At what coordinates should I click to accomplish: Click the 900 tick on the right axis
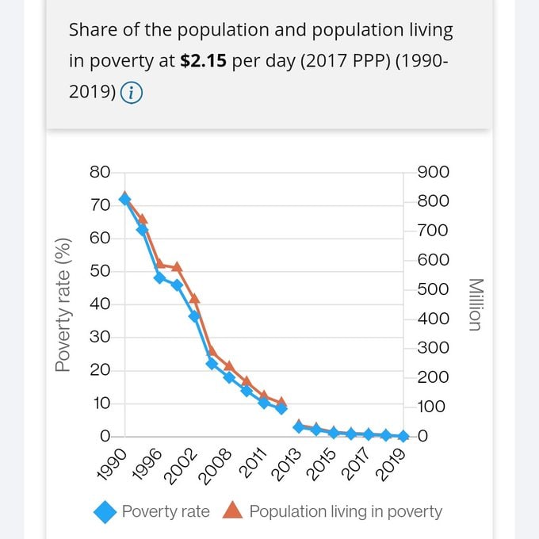click(434, 172)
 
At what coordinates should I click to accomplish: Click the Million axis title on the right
click(474, 304)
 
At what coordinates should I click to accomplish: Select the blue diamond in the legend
click(105, 511)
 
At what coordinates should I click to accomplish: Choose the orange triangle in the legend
click(232, 510)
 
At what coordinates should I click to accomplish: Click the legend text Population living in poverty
click(346, 511)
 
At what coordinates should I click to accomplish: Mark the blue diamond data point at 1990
click(124, 200)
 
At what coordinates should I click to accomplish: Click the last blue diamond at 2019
click(403, 436)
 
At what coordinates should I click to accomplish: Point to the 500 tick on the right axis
click(434, 289)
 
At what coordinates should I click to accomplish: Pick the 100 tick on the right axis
click(434, 407)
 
